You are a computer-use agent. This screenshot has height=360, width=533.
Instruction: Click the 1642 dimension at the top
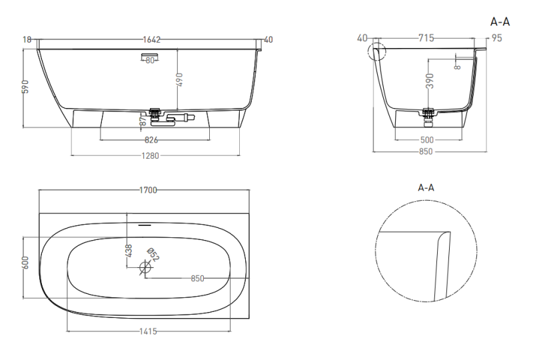151,40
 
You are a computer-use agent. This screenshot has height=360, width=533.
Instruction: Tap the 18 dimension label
27,40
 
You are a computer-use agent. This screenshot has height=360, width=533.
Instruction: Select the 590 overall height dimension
25,87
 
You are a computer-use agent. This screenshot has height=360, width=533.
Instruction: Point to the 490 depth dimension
179,79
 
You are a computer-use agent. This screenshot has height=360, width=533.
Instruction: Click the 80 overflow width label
150,61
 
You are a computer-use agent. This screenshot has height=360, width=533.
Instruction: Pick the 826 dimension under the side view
151,140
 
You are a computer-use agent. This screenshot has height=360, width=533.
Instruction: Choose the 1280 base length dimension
151,156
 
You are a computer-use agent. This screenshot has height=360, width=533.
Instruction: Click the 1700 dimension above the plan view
148,190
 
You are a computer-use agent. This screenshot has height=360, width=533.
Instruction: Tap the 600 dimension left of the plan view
25,263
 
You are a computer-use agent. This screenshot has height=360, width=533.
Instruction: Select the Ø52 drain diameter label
153,255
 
